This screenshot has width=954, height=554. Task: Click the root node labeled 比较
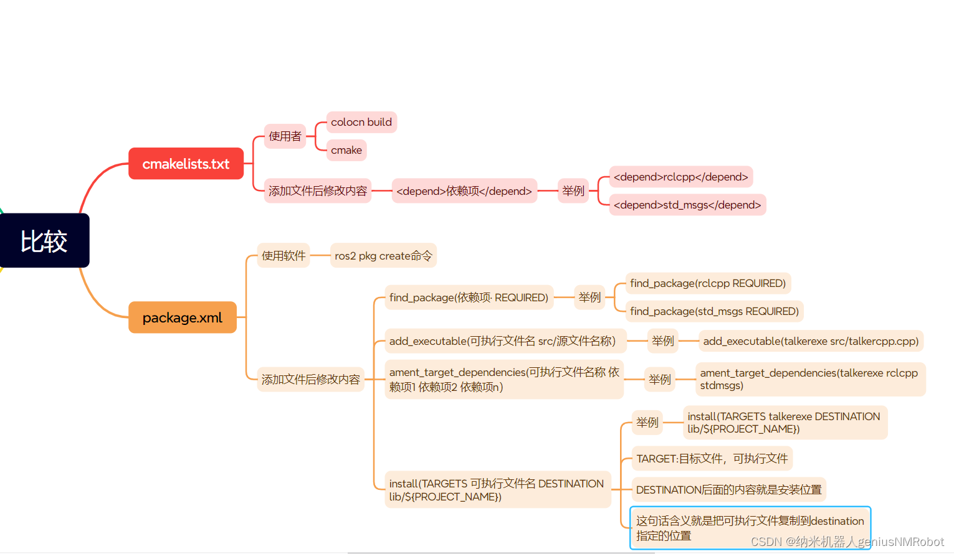click(x=44, y=241)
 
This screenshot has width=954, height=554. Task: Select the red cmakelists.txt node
click(x=186, y=164)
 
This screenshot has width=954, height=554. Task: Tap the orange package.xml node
click(x=182, y=317)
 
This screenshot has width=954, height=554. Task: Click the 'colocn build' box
click(x=361, y=122)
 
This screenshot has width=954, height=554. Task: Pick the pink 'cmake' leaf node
click(x=346, y=150)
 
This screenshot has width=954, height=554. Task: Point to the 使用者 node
click(x=285, y=136)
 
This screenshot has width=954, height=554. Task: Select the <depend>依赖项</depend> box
click(x=464, y=191)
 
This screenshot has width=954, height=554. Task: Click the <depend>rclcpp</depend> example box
click(x=680, y=177)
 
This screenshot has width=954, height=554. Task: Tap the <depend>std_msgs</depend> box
click(x=687, y=205)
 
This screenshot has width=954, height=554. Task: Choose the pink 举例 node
click(x=573, y=191)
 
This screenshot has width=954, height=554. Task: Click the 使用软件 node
click(x=284, y=256)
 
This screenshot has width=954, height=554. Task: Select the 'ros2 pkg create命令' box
click(x=383, y=256)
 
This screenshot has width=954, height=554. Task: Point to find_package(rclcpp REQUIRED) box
click(x=708, y=283)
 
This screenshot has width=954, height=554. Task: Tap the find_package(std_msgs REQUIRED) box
click(x=714, y=311)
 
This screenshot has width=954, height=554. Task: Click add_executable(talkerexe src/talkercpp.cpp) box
click(x=811, y=341)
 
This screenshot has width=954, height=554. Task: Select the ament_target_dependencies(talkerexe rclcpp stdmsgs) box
click(x=810, y=379)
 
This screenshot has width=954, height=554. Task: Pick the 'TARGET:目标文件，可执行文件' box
click(x=712, y=459)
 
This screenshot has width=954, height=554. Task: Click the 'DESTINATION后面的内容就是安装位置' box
click(x=728, y=490)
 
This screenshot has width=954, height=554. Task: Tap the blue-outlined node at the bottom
click(x=750, y=528)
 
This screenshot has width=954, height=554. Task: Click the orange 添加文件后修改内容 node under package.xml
click(x=311, y=379)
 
